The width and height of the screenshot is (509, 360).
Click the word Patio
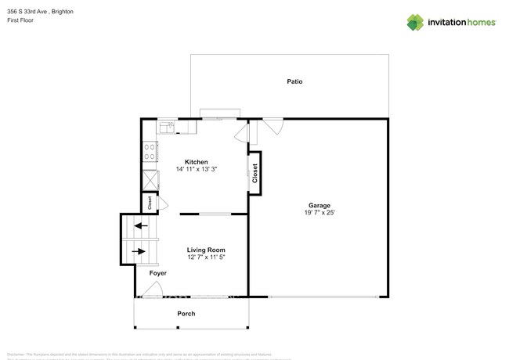coord(294,81)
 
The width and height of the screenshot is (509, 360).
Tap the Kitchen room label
coord(196,161)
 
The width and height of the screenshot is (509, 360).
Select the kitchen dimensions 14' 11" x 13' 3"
coord(196,169)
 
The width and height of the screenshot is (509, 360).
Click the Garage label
coord(319,206)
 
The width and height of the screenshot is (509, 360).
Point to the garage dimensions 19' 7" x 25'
coord(319,213)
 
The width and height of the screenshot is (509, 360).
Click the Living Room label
coord(206,250)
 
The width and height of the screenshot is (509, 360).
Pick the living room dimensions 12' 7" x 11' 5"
coord(206,257)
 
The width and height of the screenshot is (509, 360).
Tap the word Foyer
coord(158,274)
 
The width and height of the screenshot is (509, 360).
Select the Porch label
coord(186,314)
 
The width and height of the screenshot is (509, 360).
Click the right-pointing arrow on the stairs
coord(139,251)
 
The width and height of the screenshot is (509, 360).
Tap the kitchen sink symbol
coord(167,126)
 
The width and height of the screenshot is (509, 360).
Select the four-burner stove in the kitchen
coord(148,153)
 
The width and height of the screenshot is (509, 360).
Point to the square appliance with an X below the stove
coord(149,178)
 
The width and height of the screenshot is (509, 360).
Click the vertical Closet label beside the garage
coord(255,173)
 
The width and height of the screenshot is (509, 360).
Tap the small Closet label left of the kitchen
coord(149,203)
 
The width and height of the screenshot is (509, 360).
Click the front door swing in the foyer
coord(155,290)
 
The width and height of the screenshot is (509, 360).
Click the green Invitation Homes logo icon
coord(415,22)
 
